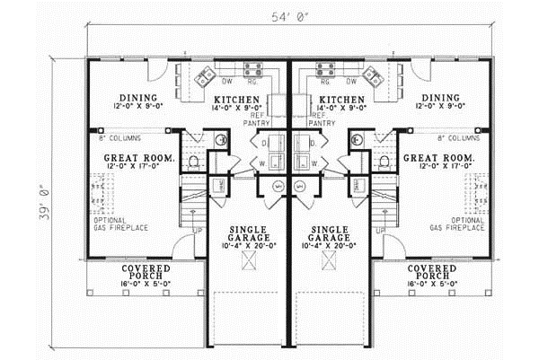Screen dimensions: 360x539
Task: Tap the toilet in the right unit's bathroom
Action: click(385, 162)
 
